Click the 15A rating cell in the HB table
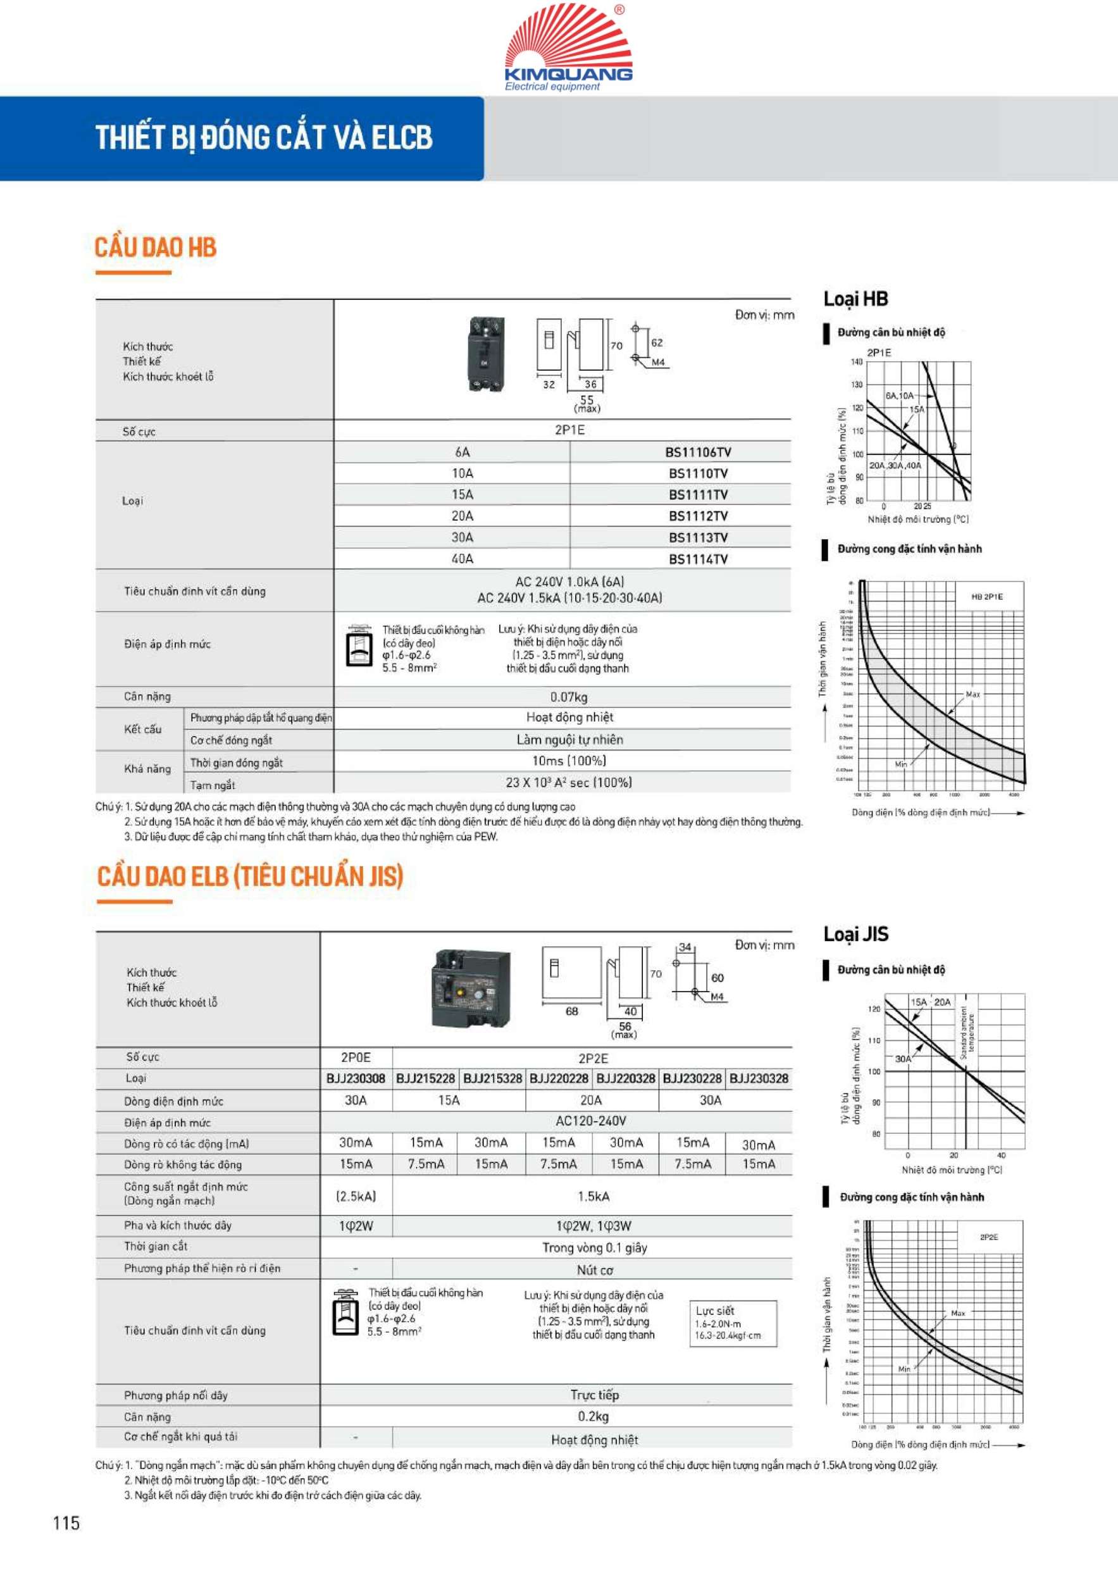coord(463,495)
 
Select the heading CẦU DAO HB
coord(156,247)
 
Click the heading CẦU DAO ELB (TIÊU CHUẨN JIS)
coord(249,876)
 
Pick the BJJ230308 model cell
coord(356,1078)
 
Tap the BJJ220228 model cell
coord(559,1078)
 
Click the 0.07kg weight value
coord(568,697)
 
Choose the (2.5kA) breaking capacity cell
coord(356,1196)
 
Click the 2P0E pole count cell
coord(356,1057)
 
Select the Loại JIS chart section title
coord(855,934)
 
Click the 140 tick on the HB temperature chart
coord(856,362)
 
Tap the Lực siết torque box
coord(733,1323)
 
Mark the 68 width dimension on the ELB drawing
coord(572,1011)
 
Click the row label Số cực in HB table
coord(139,432)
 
